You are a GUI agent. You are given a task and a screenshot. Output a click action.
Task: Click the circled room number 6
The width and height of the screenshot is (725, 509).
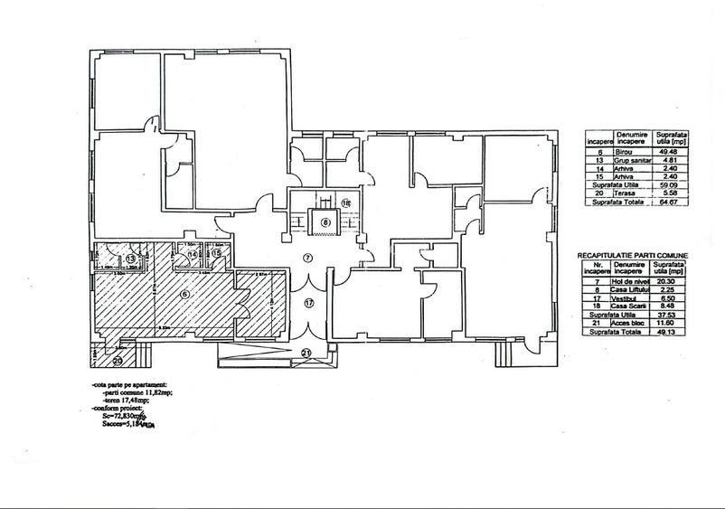click(184, 292)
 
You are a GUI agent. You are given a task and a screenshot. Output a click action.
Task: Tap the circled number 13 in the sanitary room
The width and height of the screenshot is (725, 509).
click(131, 259)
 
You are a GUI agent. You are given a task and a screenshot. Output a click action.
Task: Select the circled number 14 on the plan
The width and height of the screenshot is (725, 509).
click(193, 256)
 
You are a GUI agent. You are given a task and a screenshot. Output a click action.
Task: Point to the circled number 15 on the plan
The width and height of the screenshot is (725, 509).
click(217, 256)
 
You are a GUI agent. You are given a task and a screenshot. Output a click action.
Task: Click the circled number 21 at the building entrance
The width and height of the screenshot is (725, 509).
click(306, 353)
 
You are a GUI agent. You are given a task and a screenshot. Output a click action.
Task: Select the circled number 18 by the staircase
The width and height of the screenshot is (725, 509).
click(346, 203)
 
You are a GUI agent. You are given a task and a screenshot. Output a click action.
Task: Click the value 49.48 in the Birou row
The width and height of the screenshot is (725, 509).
click(670, 153)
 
